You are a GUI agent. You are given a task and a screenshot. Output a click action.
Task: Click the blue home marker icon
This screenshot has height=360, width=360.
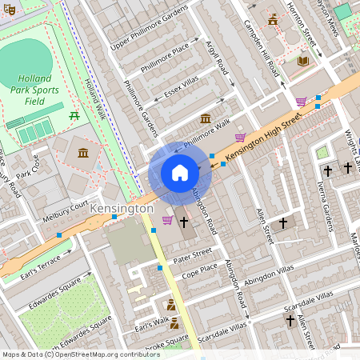179,173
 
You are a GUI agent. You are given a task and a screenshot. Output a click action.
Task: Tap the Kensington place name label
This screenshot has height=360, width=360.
122,208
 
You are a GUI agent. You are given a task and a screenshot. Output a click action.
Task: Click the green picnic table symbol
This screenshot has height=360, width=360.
74,115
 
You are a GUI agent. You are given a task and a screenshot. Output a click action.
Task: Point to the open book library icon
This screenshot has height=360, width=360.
302,61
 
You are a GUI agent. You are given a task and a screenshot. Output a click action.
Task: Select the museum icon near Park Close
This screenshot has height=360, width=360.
83,152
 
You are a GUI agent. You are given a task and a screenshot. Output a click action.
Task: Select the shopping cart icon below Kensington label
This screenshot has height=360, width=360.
167,220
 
